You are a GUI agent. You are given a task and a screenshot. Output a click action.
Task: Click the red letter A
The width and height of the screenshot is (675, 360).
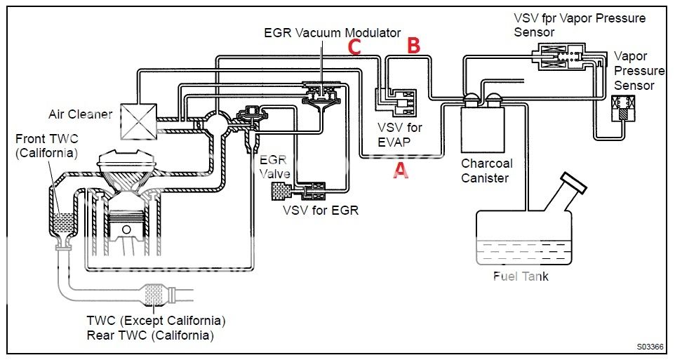tap(400, 169)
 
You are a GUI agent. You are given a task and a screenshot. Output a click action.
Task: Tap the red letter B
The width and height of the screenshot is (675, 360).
tap(414, 46)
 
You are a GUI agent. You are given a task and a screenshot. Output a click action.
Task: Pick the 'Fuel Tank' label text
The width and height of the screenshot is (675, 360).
tap(520, 276)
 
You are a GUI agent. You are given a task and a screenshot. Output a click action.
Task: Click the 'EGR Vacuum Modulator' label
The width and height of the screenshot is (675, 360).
tap(332, 32)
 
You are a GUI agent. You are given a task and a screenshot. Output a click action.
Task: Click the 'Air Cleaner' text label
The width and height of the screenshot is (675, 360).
tap(80, 114)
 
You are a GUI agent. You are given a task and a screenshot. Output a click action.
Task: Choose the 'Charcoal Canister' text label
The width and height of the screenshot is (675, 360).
tap(486, 171)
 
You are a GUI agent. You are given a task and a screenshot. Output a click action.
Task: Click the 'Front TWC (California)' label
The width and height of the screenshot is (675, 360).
tap(46, 146)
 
